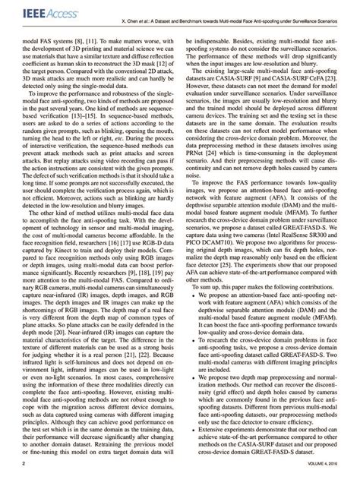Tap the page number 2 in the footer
point(24,482)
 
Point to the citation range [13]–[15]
point(103,108)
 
